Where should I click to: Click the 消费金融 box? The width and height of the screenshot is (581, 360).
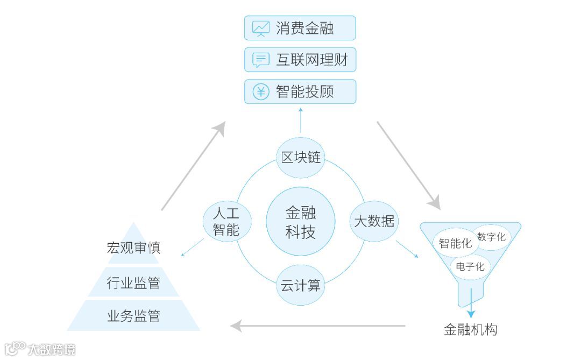[300, 28]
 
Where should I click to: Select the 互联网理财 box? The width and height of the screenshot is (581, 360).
[300, 60]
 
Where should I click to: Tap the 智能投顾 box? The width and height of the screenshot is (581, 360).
[300, 91]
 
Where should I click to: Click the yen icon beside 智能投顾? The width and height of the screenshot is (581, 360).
[261, 91]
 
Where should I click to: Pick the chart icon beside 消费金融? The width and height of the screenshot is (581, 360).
[261, 28]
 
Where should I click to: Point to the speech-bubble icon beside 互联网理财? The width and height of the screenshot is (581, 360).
[261, 60]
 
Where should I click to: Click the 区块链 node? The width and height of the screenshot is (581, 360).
[301, 157]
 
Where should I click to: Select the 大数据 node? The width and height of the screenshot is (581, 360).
[374, 221]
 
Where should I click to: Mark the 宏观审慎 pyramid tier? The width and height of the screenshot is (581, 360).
[133, 248]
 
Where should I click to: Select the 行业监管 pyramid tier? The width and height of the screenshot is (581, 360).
[133, 283]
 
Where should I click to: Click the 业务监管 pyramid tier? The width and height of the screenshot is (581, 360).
[133, 316]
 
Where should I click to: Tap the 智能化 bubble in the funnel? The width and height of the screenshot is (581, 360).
[455, 243]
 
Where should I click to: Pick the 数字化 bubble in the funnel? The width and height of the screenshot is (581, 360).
[491, 237]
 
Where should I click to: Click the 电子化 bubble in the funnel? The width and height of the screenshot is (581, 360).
[470, 266]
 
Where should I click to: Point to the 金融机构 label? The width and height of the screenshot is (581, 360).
[470, 329]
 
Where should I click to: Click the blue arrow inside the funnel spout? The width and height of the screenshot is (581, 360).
[471, 304]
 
